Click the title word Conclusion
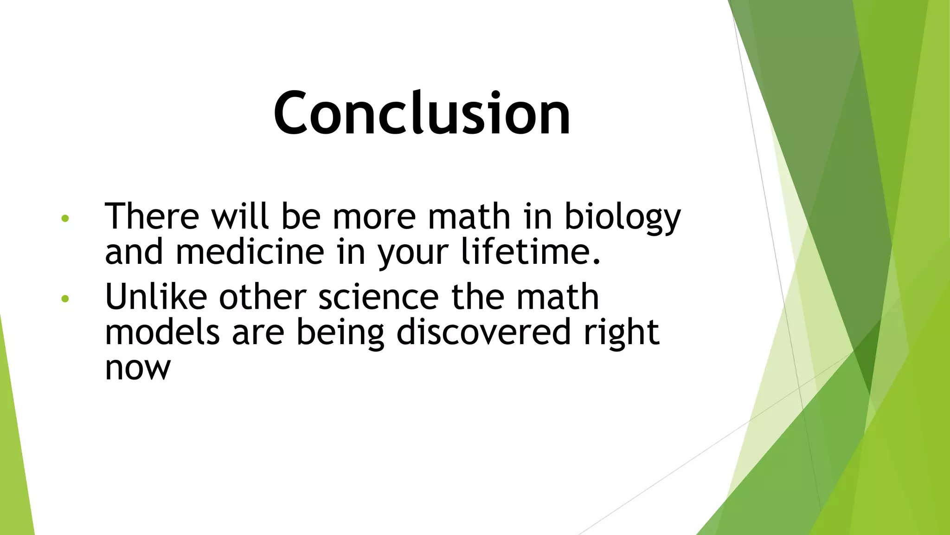422,113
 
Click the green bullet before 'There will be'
65,218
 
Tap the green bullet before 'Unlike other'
65,299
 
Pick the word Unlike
156,297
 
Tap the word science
378,297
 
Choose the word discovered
483,333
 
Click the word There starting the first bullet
152,216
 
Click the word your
413,254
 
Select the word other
263,297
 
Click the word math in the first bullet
469,216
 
